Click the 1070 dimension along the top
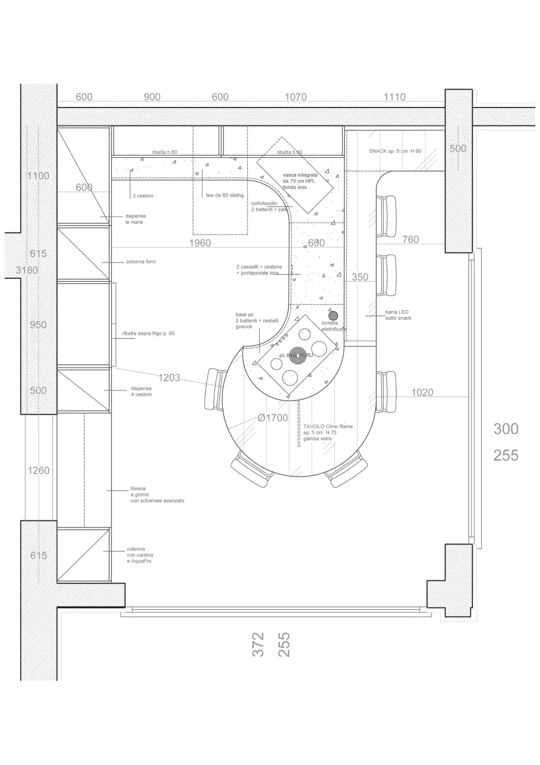295,97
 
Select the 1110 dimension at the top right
394,97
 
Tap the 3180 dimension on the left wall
26,270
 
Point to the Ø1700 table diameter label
273,418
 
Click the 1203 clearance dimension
169,378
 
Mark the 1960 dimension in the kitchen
200,243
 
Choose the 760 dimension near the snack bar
410,239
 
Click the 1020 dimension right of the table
422,392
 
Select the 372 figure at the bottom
258,645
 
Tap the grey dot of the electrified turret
333,316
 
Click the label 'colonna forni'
140,262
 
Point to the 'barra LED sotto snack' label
397,315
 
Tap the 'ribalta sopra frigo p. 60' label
148,334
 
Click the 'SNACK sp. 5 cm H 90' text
395,151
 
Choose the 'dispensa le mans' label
135,219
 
